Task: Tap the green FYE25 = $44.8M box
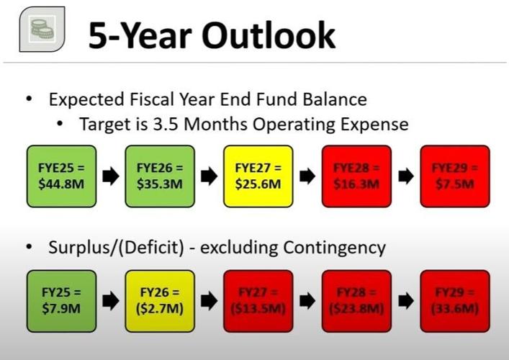[x=61, y=176]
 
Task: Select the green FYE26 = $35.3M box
[x=160, y=176]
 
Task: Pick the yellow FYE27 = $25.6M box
[x=258, y=176]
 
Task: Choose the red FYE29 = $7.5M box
[x=454, y=176]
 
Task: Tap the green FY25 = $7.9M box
[x=61, y=301]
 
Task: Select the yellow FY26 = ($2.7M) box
[x=160, y=301]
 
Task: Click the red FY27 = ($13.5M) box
[x=258, y=301]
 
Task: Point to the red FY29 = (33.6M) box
[x=454, y=301]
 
